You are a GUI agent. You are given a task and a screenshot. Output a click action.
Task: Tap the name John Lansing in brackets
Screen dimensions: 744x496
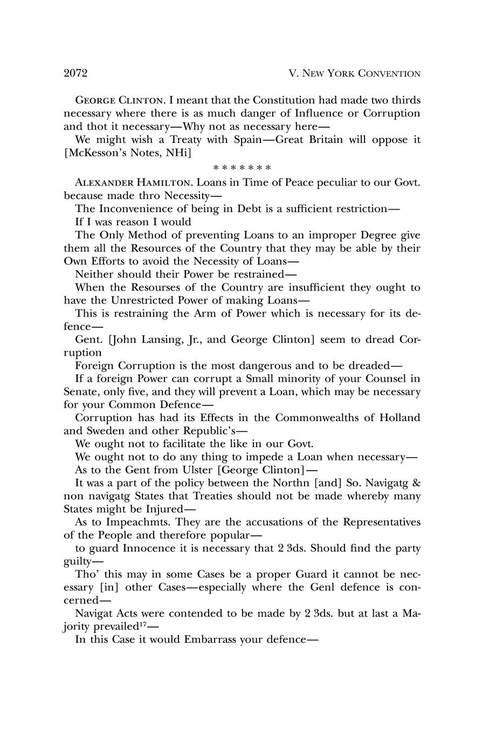tap(143, 340)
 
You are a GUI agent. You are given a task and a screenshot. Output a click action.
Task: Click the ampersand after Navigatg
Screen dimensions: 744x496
tap(415, 483)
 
